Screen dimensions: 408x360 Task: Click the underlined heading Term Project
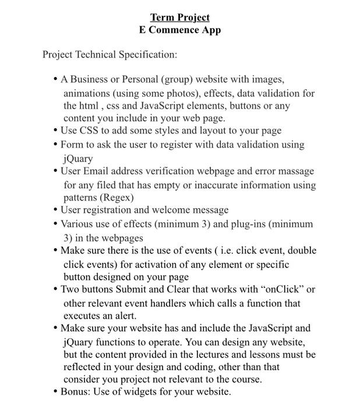tap(179, 17)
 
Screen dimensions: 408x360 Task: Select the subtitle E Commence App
tap(179, 30)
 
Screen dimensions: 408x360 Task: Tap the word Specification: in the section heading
tap(148, 55)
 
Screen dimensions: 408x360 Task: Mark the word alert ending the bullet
tap(123, 316)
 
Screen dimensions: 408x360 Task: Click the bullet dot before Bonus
tap(55, 392)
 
